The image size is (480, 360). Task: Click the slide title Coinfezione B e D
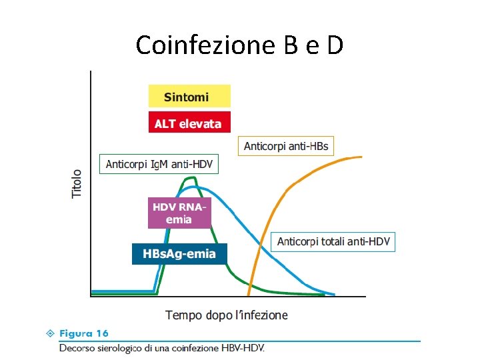click(x=239, y=45)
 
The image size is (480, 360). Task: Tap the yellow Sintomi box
click(x=189, y=96)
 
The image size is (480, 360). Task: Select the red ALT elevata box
click(x=189, y=123)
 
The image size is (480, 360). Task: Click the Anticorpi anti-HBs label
click(x=286, y=146)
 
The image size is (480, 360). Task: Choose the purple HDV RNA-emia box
click(x=179, y=213)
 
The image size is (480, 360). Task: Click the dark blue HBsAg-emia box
click(x=179, y=254)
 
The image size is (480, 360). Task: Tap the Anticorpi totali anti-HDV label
click(x=333, y=241)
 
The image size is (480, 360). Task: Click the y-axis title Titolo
click(x=77, y=183)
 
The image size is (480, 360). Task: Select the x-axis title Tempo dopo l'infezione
click(x=227, y=315)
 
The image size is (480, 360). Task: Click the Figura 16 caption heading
click(x=84, y=333)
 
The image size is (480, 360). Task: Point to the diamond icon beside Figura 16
click(x=51, y=333)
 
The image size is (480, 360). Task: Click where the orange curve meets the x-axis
click(x=249, y=295)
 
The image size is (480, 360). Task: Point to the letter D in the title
click(x=335, y=45)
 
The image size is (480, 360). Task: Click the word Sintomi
click(x=187, y=97)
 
